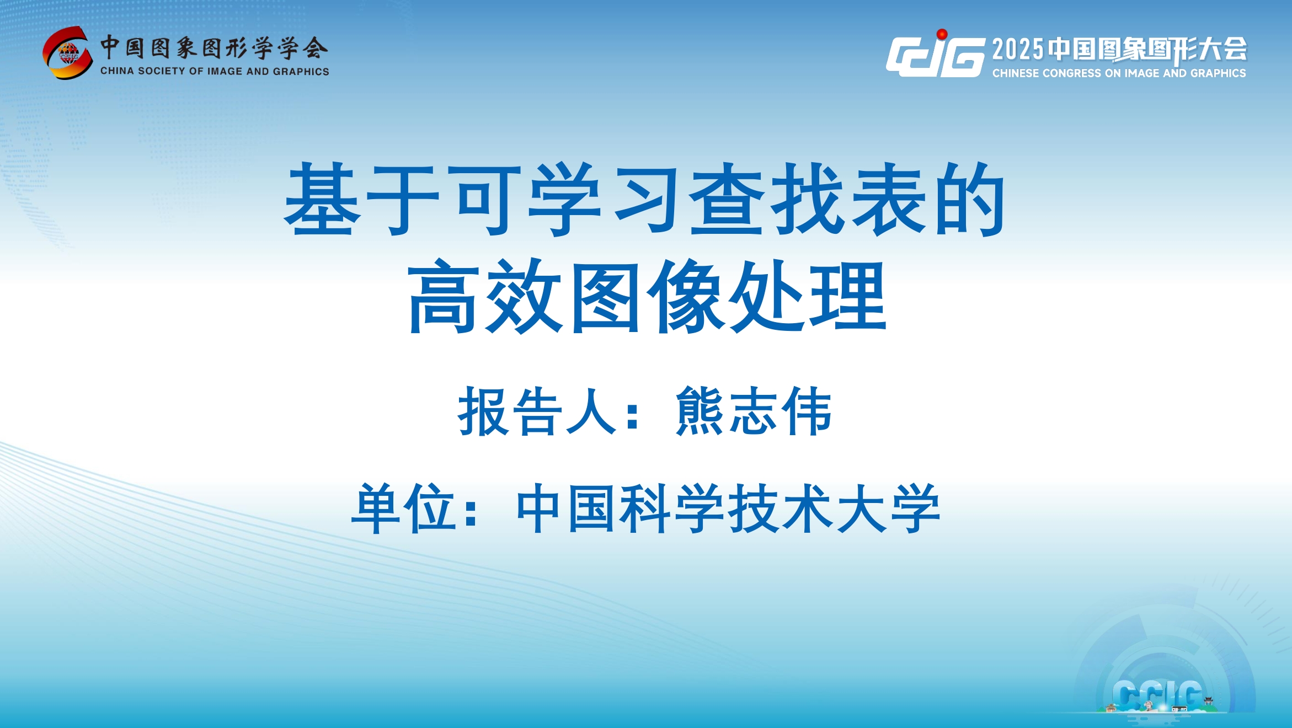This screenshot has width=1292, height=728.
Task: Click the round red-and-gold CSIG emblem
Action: click(68, 53)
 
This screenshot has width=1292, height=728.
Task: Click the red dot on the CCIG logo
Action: click(942, 34)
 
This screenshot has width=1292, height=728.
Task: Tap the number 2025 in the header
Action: click(1018, 49)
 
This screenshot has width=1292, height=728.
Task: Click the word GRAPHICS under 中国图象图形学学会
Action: click(301, 72)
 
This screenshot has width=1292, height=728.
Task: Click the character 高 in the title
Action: click(444, 296)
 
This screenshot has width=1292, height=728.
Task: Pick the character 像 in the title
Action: click(686, 296)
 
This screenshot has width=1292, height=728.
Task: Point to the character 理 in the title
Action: click(849, 296)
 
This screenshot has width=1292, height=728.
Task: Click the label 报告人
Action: click(536, 411)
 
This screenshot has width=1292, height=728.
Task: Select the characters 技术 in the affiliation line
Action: click(780, 508)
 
